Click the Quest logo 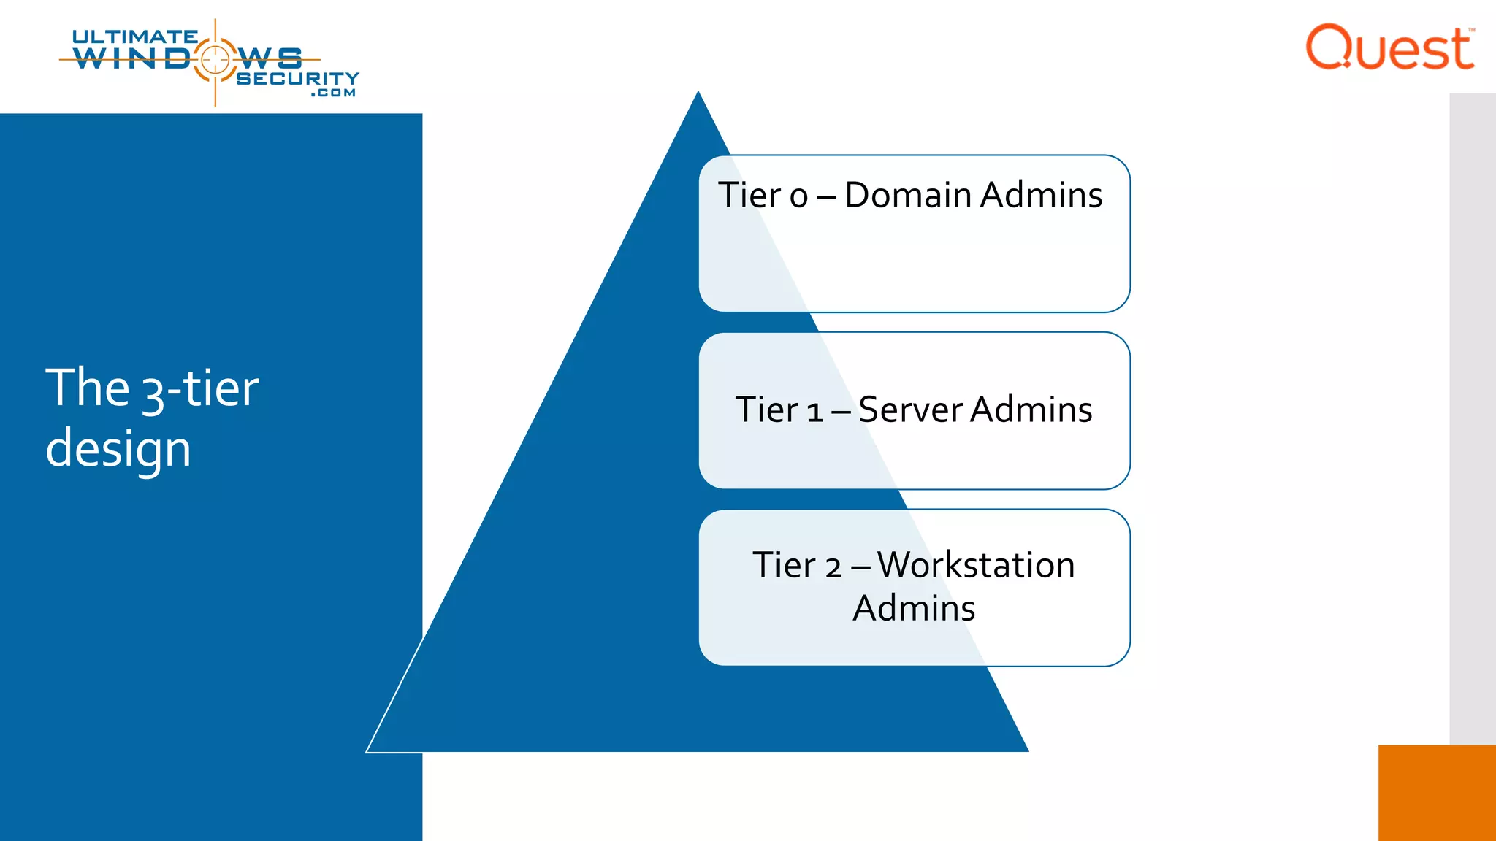[1389, 47]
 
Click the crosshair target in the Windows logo [215, 59]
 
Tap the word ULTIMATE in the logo [134, 37]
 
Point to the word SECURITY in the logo [297, 78]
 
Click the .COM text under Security [333, 93]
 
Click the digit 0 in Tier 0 [798, 196]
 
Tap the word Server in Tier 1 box [910, 410]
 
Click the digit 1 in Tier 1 [815, 412]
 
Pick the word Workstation [975, 565]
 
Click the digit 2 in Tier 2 [833, 567]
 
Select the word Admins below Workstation [914, 608]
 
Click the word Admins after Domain [1041, 195]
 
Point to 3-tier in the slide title [199, 389]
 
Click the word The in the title [87, 388]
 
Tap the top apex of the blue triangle [698, 93]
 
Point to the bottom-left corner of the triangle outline [367, 750]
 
